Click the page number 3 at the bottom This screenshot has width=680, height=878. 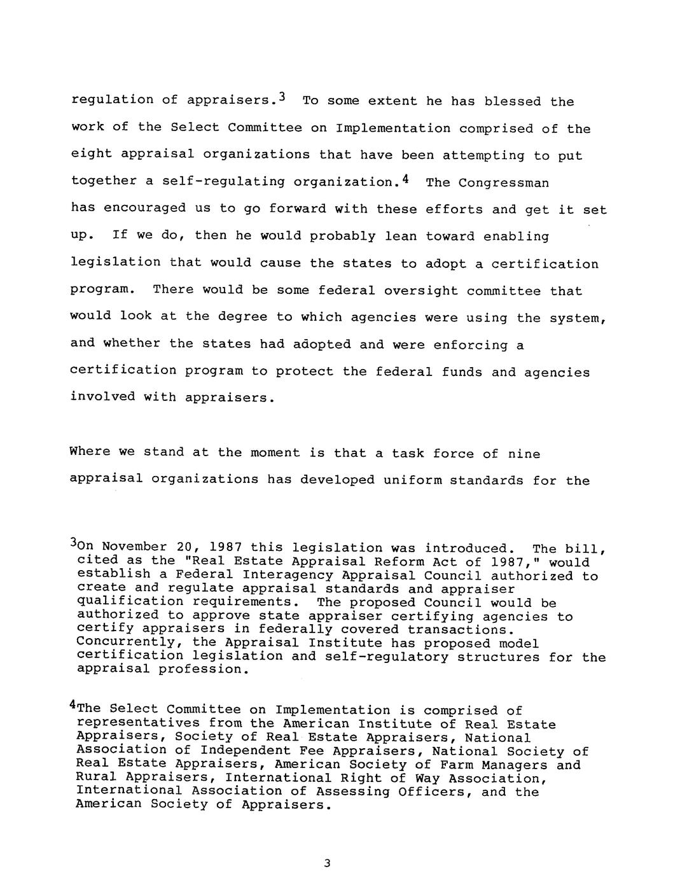point(327,863)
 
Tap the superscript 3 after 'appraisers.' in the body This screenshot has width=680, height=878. point(282,97)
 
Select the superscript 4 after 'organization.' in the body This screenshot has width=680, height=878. point(405,179)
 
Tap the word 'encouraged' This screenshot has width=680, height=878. point(145,209)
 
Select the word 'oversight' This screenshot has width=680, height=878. point(420,291)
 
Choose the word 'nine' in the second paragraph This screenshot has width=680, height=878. point(524,454)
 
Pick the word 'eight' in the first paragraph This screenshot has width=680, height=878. point(91,155)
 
